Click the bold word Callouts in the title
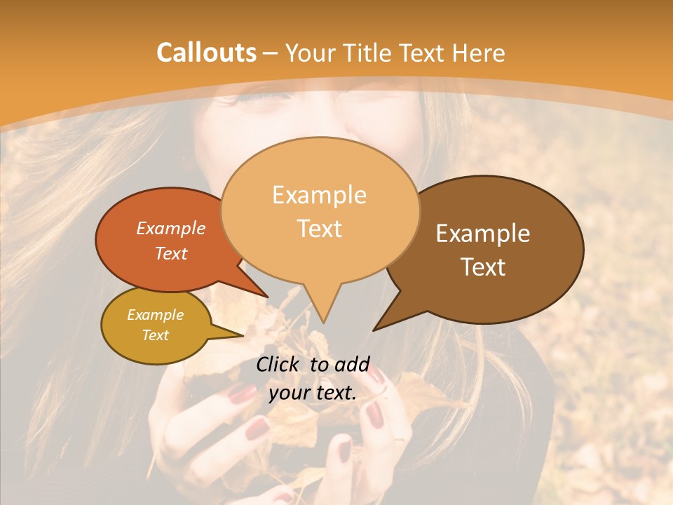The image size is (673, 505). [206, 53]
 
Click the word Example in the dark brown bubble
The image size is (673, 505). [483, 234]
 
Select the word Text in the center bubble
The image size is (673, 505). [320, 229]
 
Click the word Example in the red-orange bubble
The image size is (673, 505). [171, 228]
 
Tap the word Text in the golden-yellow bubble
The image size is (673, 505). [156, 335]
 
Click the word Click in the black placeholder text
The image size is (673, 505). [278, 364]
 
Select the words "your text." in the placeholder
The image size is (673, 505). [313, 393]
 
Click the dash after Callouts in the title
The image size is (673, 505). [271, 53]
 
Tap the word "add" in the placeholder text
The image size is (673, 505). [353, 364]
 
